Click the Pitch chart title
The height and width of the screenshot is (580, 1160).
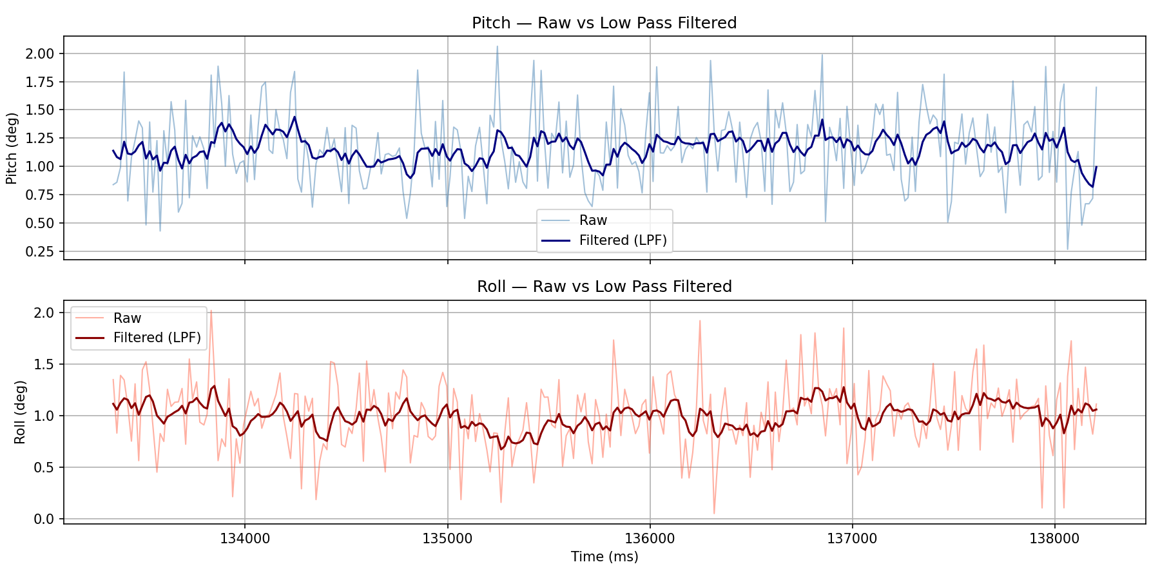604,23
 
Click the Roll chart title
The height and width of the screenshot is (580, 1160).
604,287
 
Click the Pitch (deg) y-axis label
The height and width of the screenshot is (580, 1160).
11,148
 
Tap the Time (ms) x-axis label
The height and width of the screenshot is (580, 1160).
604,557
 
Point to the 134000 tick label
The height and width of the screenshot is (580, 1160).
244,539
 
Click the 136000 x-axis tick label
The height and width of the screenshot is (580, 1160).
650,539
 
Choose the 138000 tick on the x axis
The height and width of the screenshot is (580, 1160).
1054,539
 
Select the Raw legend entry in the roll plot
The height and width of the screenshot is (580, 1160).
127,318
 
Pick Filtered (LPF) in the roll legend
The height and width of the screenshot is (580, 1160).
157,338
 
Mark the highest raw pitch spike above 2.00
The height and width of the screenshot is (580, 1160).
497,46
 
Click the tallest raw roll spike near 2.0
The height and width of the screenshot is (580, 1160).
211,311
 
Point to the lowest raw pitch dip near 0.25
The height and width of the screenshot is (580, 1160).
1067,249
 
